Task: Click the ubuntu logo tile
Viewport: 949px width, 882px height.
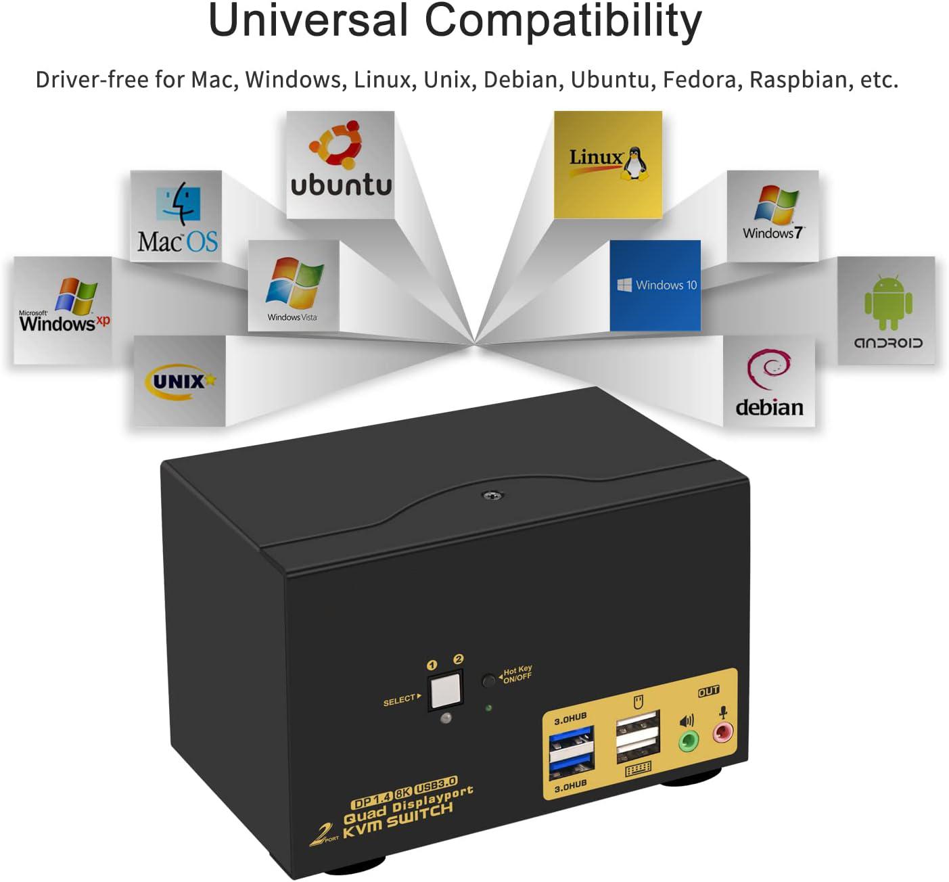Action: click(x=340, y=165)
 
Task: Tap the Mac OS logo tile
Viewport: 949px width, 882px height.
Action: click(x=176, y=216)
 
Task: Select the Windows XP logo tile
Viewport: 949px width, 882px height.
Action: click(x=63, y=310)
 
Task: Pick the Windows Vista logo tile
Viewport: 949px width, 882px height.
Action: click(x=294, y=285)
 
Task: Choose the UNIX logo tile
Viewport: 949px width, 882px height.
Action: click(x=179, y=381)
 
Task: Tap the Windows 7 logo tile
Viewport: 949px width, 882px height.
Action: click(x=772, y=216)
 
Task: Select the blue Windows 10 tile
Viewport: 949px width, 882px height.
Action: click(x=655, y=285)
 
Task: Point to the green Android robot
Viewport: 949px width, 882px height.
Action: click(x=888, y=302)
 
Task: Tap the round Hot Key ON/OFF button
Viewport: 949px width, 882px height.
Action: click(x=488, y=680)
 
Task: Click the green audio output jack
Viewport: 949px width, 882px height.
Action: click(x=688, y=740)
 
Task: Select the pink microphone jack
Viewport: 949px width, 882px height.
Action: click(x=722, y=732)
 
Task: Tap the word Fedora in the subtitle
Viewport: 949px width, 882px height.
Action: click(x=702, y=80)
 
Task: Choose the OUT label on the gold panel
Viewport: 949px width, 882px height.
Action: click(x=708, y=691)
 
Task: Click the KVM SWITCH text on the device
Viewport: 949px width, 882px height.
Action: click(x=398, y=820)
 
